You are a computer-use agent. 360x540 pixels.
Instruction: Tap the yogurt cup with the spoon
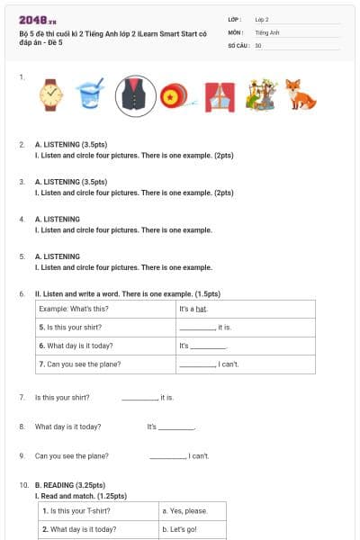pos(89,94)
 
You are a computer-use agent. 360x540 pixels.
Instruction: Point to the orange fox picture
pos(294,94)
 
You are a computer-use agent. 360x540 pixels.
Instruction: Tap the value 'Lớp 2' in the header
pos(262,19)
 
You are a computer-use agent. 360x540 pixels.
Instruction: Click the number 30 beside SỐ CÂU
pos(258,44)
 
